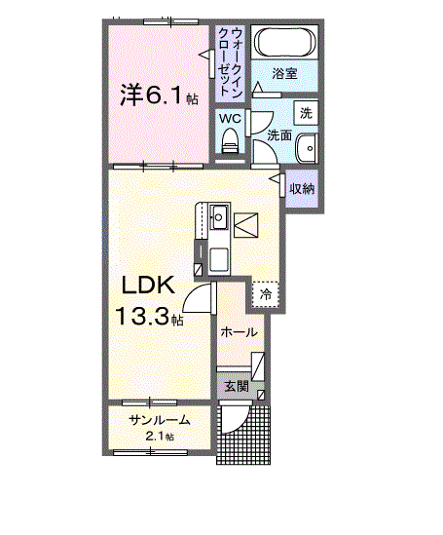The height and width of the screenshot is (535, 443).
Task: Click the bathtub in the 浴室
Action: click(x=284, y=42)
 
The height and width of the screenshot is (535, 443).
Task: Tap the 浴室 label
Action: click(x=284, y=73)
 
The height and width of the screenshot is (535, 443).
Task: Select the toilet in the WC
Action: click(x=230, y=140)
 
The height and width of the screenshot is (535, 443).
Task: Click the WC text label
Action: click(x=230, y=118)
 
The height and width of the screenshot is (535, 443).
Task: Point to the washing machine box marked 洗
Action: click(x=306, y=113)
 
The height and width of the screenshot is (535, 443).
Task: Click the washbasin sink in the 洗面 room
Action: click(x=307, y=148)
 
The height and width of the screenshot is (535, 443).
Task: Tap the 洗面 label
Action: click(x=279, y=135)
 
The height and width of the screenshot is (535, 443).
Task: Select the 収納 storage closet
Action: click(x=302, y=189)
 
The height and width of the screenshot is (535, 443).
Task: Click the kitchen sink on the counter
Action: click(x=218, y=217)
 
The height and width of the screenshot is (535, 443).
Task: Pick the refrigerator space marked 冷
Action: click(x=266, y=294)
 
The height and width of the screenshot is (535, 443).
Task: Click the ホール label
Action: click(x=239, y=331)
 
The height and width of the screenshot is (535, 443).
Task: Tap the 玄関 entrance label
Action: click(x=237, y=387)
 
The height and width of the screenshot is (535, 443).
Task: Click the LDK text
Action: click(x=149, y=285)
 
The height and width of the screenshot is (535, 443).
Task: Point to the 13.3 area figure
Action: click(x=142, y=316)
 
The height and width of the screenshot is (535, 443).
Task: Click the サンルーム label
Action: click(x=160, y=420)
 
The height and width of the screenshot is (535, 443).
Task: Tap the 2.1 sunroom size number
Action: click(x=155, y=437)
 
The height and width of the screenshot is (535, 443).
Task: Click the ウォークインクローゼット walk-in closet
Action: click(x=230, y=63)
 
